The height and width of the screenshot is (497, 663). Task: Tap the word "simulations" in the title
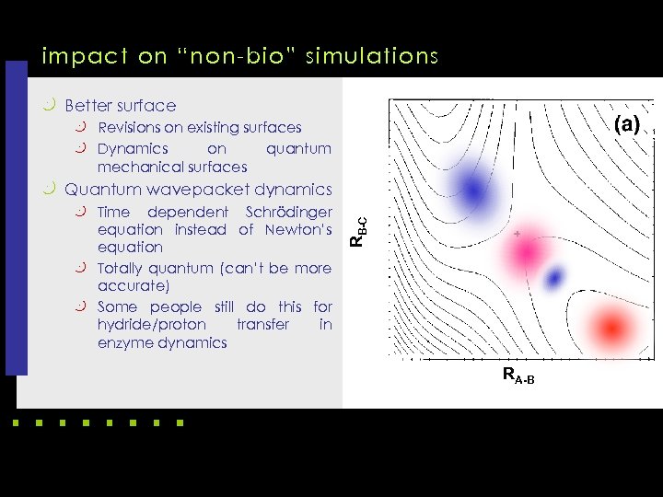coord(377,57)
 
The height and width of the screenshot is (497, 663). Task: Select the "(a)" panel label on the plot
coord(627,124)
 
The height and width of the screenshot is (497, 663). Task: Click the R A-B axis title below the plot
coord(518,375)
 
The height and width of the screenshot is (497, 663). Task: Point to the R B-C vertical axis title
coord(362,230)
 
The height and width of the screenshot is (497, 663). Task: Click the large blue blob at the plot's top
coord(472,191)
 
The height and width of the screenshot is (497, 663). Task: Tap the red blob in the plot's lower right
coord(611,326)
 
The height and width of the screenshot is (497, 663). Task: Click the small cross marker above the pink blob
coord(518,235)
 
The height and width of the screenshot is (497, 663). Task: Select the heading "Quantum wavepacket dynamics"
coord(198,190)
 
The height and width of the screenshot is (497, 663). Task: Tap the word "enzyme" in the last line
coord(124,342)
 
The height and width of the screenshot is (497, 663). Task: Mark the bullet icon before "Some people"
coord(81,306)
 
